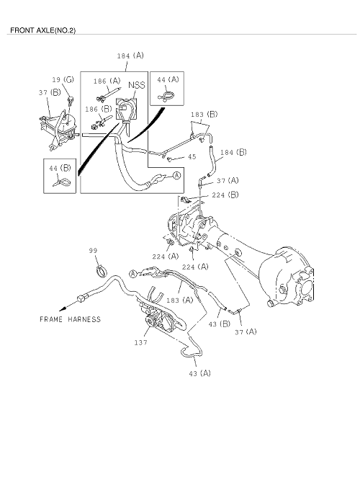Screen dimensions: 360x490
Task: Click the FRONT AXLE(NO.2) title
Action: coord(42,30)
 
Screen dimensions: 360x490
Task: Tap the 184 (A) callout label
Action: coord(130,55)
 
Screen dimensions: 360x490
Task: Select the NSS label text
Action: coord(137,85)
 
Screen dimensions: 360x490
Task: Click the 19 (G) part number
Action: coord(63,79)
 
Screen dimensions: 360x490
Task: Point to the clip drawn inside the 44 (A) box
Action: coord(166,95)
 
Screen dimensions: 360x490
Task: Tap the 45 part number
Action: coord(192,156)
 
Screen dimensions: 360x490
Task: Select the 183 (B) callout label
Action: coord(204,115)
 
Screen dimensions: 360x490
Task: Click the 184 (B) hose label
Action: coord(233,152)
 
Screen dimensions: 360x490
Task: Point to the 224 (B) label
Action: coord(225,195)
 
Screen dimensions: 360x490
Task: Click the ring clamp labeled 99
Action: coord(102,270)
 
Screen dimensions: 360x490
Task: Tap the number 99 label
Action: coord(93,250)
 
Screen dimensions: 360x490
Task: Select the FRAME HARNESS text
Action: coord(71,319)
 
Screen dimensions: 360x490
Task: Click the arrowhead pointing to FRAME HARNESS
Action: coord(63,308)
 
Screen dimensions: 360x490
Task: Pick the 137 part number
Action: coord(141,342)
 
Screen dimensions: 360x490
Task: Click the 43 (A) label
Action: coord(200,373)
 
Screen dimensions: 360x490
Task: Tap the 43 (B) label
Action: coord(219,324)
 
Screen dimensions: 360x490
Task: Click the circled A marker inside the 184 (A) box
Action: coord(176,176)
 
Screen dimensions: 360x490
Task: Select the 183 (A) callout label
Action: coord(180,300)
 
